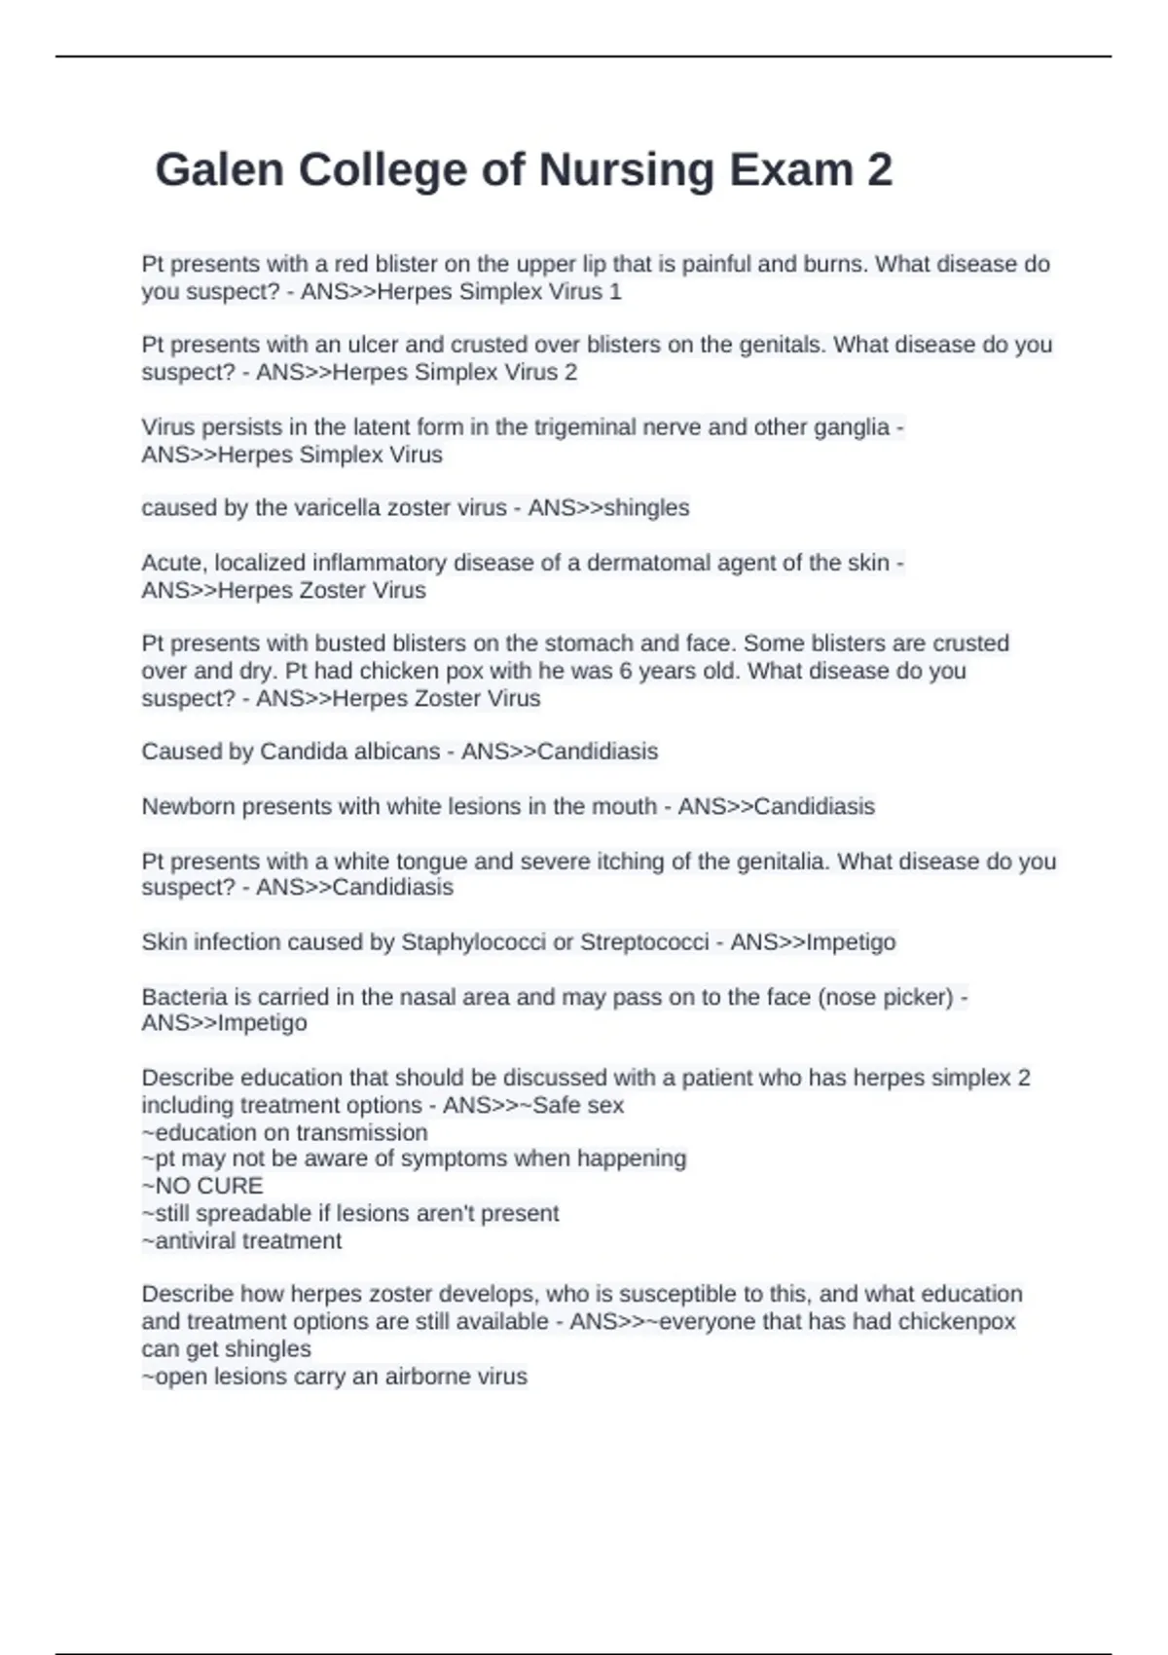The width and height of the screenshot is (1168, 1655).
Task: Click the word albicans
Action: [396, 752]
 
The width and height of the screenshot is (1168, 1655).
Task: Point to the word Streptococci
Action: [644, 942]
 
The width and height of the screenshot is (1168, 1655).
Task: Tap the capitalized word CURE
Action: [230, 1186]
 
